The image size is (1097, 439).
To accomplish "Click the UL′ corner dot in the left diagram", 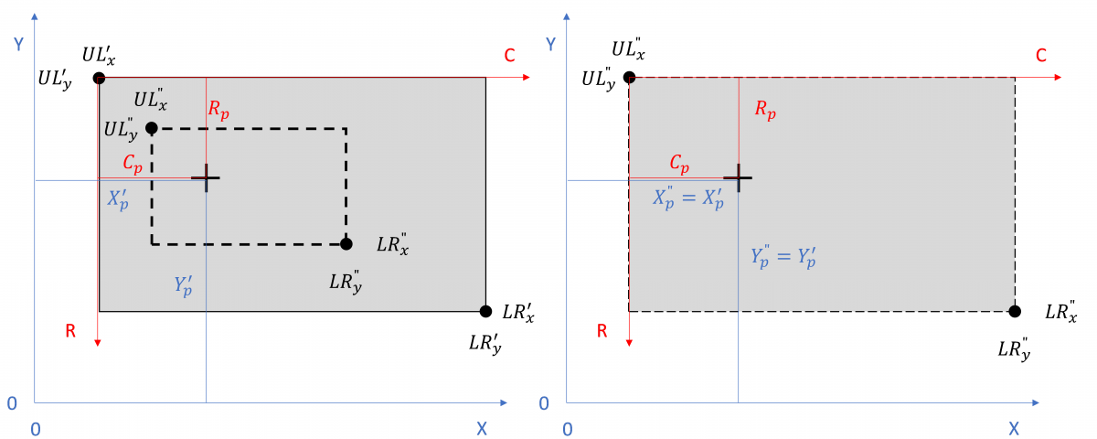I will (x=99, y=78).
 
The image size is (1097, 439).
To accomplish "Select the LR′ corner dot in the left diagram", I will (x=485, y=311).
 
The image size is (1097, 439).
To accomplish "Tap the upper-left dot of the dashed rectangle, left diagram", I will (x=152, y=128).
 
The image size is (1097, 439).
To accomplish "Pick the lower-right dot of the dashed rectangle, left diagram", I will (x=346, y=244).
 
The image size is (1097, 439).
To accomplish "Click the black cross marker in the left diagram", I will (x=206, y=177).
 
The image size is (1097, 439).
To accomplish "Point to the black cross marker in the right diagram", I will (x=738, y=177).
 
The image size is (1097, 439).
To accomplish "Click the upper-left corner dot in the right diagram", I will (x=629, y=78).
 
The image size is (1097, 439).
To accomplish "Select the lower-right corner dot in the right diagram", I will (x=1015, y=311).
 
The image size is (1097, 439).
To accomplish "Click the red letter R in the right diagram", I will (x=602, y=331).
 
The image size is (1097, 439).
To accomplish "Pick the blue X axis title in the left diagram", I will (x=482, y=428).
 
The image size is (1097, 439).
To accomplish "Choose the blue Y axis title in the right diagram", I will (x=549, y=44).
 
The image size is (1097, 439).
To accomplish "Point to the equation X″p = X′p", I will (x=687, y=200).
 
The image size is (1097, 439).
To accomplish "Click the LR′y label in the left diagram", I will (x=485, y=345).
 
